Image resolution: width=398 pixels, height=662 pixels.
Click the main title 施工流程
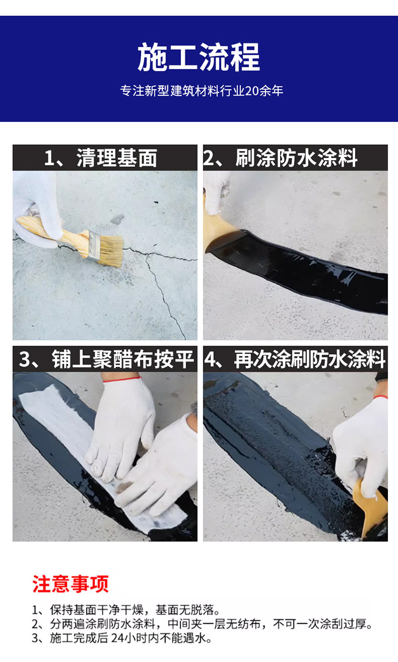(199, 58)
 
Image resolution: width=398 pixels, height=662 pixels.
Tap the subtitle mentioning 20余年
(202, 91)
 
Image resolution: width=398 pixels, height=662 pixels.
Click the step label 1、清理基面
(101, 158)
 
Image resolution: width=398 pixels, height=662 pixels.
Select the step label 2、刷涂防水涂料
(296, 158)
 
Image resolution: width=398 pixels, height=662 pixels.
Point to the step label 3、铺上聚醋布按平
(105, 359)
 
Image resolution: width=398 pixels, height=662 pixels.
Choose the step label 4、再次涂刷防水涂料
(296, 359)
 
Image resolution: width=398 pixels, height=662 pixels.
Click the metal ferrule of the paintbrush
(93, 244)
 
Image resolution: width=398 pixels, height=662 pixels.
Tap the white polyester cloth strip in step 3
(58, 419)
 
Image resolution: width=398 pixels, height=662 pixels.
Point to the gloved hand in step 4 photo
(361, 440)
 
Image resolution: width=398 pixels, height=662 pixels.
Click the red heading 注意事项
(70, 584)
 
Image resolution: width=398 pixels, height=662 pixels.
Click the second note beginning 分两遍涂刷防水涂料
(202, 624)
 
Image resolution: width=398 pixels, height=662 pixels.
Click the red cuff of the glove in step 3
(122, 379)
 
